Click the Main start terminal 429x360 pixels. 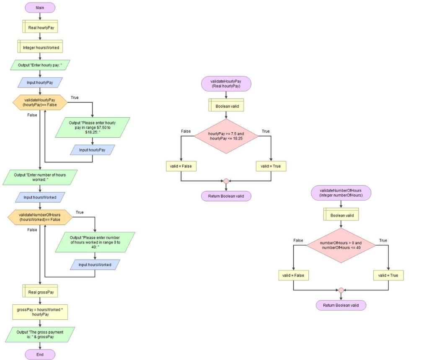click(x=40, y=8)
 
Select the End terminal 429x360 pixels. click(x=40, y=355)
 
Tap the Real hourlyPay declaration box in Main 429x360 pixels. click(x=40, y=28)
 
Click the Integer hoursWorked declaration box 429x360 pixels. click(x=40, y=48)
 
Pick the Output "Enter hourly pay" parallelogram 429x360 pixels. click(x=40, y=65)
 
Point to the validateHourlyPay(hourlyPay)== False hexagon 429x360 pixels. click(x=40, y=102)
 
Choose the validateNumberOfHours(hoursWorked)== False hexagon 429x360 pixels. click(x=40, y=217)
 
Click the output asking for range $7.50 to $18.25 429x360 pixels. click(x=93, y=127)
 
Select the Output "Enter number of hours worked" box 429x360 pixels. click(x=40, y=177)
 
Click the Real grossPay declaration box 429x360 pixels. click(x=40, y=292)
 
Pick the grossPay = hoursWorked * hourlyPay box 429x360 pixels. click(x=40, y=312)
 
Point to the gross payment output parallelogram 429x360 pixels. click(x=40, y=334)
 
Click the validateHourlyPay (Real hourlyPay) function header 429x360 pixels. click(x=226, y=84)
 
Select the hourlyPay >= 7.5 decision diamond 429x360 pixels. click(x=226, y=136)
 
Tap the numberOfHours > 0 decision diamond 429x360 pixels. click(x=341, y=245)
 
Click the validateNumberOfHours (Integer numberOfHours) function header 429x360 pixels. click(x=341, y=193)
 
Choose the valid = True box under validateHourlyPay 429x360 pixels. click(x=271, y=166)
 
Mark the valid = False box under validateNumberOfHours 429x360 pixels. click(x=293, y=275)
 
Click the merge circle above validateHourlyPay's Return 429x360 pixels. click(x=226, y=181)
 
